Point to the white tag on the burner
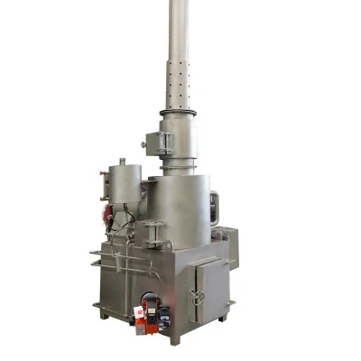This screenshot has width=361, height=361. pyautogui.click(x=139, y=314)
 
